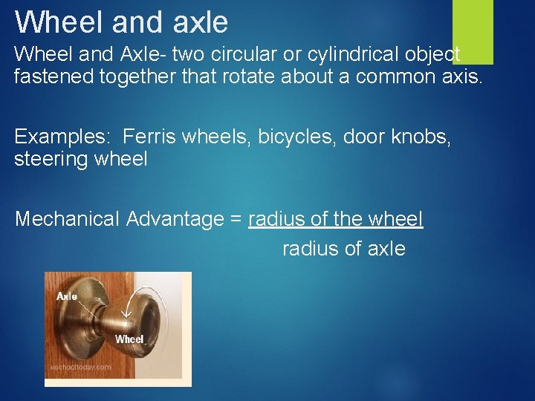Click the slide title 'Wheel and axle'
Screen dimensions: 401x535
(121, 22)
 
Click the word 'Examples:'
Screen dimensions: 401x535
(62, 137)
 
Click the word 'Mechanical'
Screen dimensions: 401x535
(67, 219)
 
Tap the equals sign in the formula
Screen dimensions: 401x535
(236, 220)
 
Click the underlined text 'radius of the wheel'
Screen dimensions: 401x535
(336, 219)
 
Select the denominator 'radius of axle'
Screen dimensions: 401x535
(343, 249)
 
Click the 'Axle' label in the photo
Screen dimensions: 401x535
(67, 296)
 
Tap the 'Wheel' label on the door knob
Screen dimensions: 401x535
(129, 339)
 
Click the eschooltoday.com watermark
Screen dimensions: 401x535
(80, 367)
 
